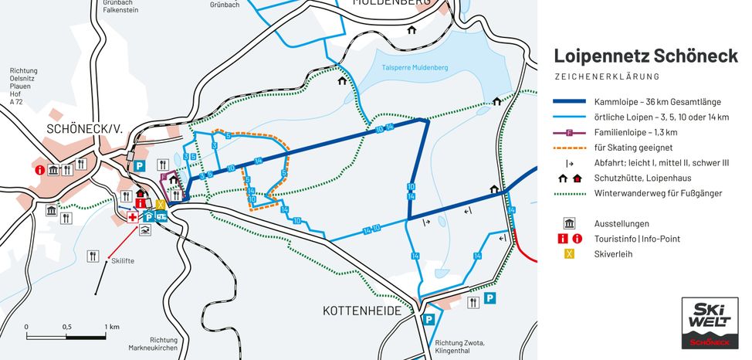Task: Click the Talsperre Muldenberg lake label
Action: coord(415,68)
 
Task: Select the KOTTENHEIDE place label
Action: coord(361,311)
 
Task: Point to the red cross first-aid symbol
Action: coord(133,218)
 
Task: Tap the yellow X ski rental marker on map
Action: coord(160,205)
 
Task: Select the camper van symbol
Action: coord(161,217)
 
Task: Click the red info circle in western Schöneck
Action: coord(39,170)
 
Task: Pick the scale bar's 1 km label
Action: coord(112,327)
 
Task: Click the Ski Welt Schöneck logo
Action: coord(710,323)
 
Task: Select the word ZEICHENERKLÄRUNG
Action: coord(607,76)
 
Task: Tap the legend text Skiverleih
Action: coord(614,254)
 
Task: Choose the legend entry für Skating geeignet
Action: coord(633,148)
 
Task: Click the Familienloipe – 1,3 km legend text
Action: coord(645,132)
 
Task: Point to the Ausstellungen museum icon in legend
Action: coord(569,223)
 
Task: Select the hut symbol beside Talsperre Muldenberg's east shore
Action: coord(496,101)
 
